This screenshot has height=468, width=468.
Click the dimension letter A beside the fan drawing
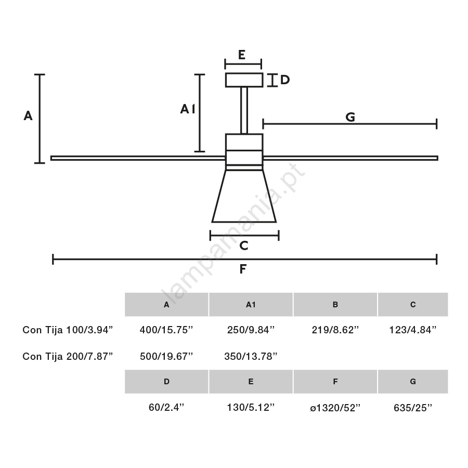point(28,115)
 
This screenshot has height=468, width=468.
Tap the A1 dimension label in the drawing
point(187,109)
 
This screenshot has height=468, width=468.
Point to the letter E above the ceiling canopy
point(242,55)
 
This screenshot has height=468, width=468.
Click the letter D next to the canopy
point(285,80)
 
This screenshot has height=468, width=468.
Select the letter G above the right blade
point(350,117)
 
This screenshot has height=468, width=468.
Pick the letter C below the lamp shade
point(244,245)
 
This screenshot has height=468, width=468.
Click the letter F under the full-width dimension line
point(243,269)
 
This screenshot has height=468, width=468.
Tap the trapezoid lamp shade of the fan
point(244,196)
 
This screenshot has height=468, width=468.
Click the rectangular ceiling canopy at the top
point(244,80)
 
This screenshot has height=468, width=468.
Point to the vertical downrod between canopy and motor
point(244,110)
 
